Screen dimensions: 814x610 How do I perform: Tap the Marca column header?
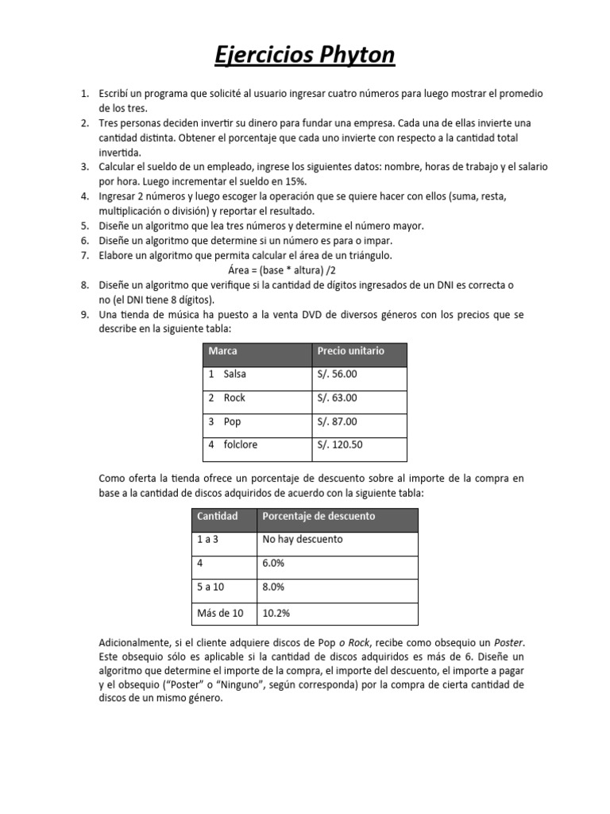pyautogui.click(x=223, y=351)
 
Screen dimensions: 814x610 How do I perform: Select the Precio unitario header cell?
pyautogui.click(x=350, y=351)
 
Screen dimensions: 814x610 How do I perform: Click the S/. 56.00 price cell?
pyautogui.click(x=338, y=374)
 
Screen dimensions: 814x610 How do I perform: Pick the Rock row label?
pyautogui.click(x=234, y=397)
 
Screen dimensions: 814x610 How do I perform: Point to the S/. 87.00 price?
pyautogui.click(x=338, y=421)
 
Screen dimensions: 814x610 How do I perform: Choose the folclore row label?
pyautogui.click(x=240, y=444)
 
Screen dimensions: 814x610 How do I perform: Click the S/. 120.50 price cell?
pyautogui.click(x=340, y=444)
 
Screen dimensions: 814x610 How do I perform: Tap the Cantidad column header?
pyautogui.click(x=217, y=516)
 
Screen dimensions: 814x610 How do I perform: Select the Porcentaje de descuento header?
pyautogui.click(x=319, y=516)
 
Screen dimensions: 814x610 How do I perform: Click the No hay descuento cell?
pyautogui.click(x=303, y=539)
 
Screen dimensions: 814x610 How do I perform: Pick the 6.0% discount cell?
pyautogui.click(x=273, y=563)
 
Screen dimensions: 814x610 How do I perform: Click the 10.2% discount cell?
pyautogui.click(x=275, y=613)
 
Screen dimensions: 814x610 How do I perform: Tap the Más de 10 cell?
pyautogui.click(x=220, y=613)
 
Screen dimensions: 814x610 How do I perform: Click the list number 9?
pyautogui.click(x=84, y=315)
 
